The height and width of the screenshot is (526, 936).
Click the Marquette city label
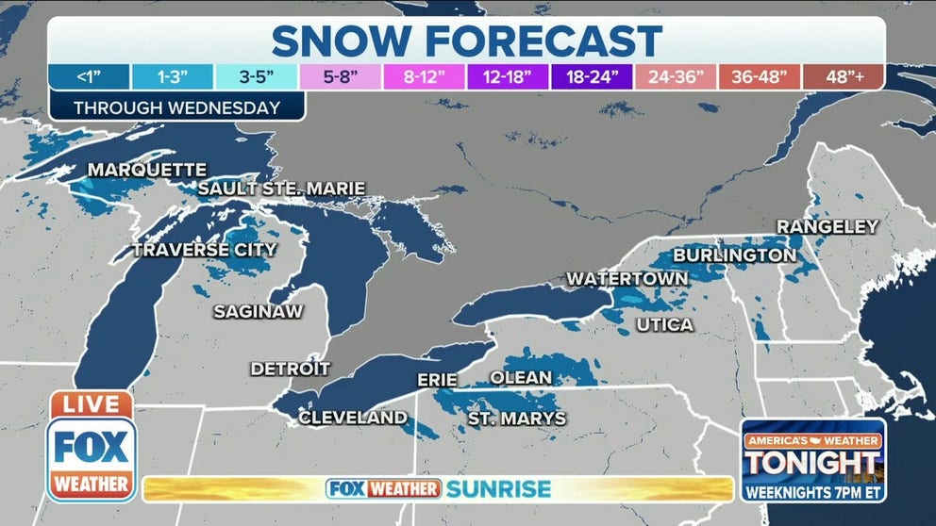[146, 170]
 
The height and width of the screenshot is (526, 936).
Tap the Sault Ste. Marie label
[281, 189]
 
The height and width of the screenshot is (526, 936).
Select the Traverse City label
[204, 250]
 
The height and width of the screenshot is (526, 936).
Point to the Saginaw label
[258, 311]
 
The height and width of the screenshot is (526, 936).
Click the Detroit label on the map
[290, 369]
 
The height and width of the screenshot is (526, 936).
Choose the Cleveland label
[353, 418]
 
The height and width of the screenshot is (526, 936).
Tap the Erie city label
[437, 380]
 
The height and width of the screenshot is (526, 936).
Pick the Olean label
[520, 377]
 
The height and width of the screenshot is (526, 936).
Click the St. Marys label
[517, 418]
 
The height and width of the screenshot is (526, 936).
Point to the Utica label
[664, 324]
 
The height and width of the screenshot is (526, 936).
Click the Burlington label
[733, 255]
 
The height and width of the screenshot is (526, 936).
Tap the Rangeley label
[827, 226]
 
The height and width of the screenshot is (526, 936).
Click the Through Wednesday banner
[176, 107]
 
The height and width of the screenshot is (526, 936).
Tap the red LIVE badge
[91, 404]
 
